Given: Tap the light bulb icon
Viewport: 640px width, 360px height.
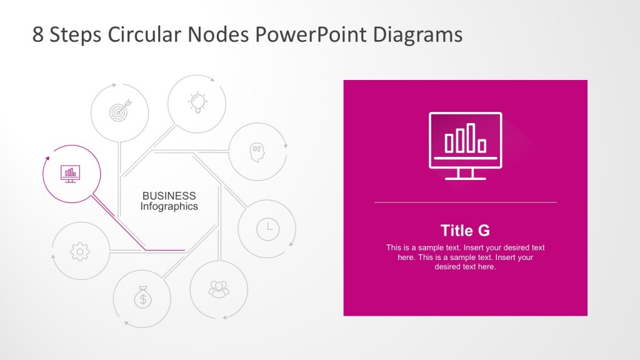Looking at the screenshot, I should (197, 102).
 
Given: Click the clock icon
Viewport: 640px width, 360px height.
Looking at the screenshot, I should (268, 228).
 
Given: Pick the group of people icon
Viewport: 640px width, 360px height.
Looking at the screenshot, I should (219, 289).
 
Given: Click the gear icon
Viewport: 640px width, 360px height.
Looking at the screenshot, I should (80, 251).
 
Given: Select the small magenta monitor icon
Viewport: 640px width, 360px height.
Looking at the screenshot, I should (70, 173).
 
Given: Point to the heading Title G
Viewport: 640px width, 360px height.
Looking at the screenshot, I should (465, 230).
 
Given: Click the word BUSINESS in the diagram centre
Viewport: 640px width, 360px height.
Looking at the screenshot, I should (169, 196).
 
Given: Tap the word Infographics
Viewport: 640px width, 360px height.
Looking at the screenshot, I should (169, 206).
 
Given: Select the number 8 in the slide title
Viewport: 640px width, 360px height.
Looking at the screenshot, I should (38, 34).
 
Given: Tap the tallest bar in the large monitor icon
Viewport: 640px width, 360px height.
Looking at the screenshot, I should (471, 137).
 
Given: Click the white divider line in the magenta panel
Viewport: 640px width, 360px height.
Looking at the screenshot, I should (465, 202).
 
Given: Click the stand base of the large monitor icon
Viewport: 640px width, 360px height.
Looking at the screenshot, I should (465, 178).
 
